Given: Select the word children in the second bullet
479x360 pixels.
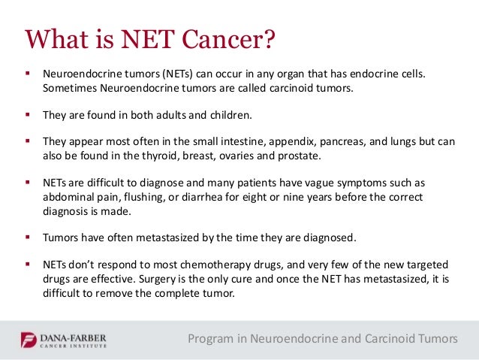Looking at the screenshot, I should tap(229, 116).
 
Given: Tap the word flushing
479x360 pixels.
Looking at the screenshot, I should tap(136, 197).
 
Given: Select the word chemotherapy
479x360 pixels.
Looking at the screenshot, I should tap(210, 266).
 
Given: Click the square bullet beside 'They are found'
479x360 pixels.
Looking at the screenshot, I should tap(27, 116).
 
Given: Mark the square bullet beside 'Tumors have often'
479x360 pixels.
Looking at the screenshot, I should tap(27, 237).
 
